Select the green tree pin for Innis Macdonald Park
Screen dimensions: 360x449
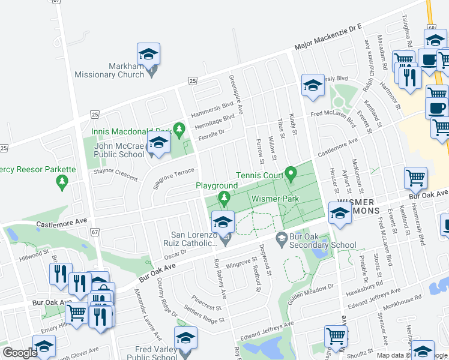[x=178, y=128]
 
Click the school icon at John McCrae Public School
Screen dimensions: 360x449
[x=158, y=143]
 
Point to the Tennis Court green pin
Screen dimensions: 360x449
[x=291, y=175]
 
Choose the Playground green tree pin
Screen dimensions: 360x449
[x=224, y=197]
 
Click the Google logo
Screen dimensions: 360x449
[x=20, y=353]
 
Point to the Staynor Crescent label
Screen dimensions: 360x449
[x=114, y=177]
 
